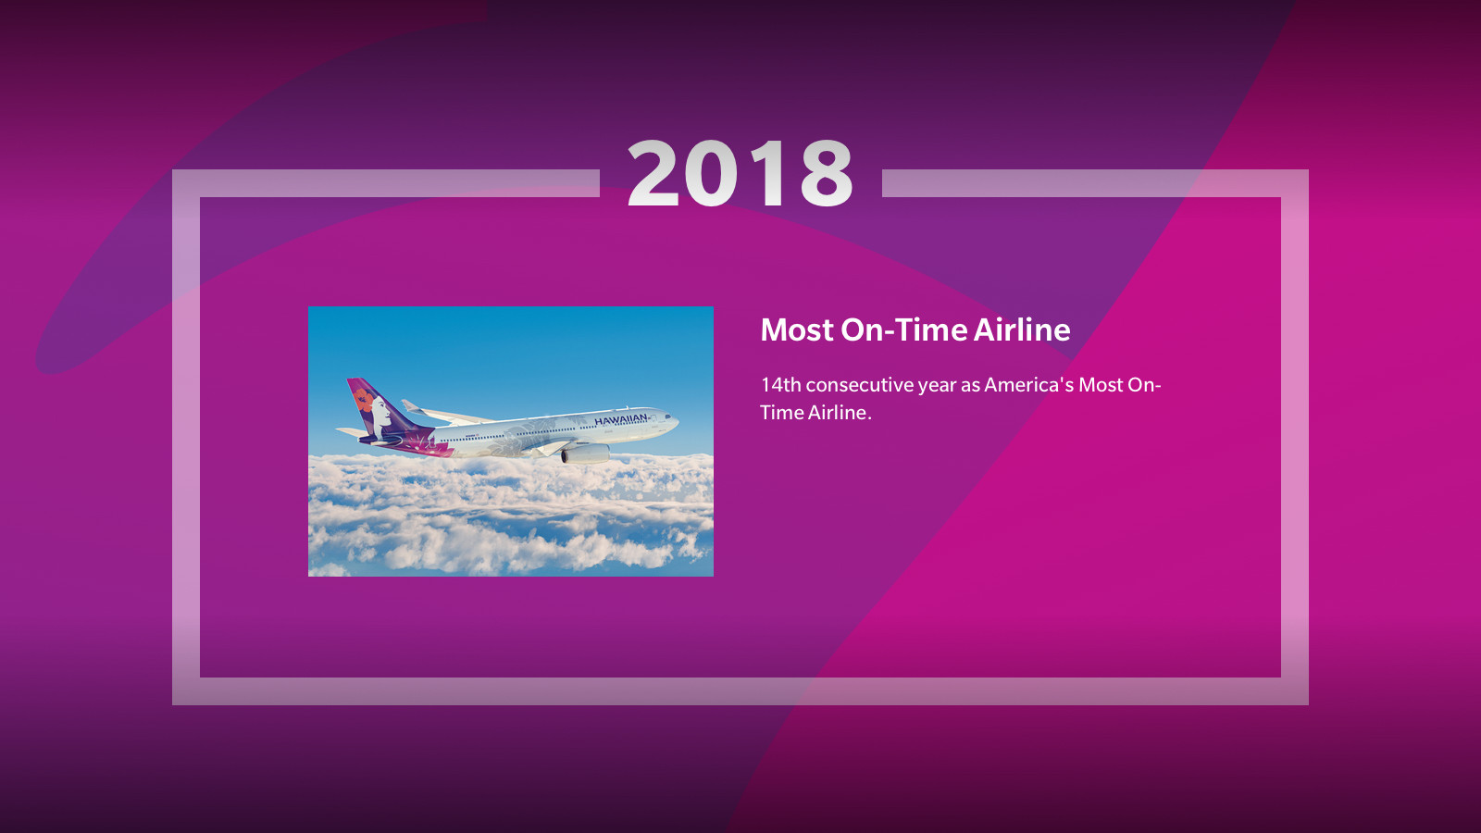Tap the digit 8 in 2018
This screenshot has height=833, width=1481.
(x=827, y=173)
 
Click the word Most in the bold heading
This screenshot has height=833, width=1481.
(x=797, y=329)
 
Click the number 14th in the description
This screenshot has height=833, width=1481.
(x=780, y=385)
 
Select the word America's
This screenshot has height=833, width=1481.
(x=1028, y=385)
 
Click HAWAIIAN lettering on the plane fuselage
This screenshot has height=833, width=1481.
(x=620, y=420)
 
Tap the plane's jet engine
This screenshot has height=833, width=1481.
(x=585, y=454)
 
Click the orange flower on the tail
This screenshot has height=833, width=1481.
(x=363, y=399)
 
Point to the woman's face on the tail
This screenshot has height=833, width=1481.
(x=381, y=413)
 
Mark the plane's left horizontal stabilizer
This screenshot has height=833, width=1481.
(x=352, y=432)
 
